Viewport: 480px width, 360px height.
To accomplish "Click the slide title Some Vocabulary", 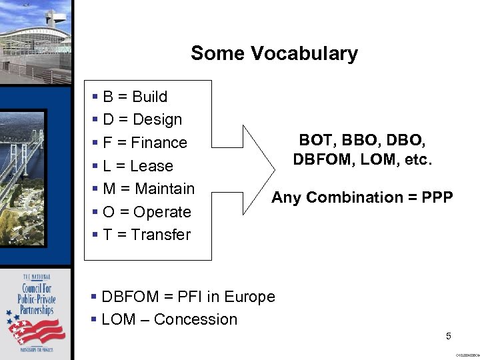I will pyautogui.click(x=274, y=53).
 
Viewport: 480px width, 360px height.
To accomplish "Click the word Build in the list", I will pyautogui.click(x=150, y=97).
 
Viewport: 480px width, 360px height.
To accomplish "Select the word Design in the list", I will pyautogui.click(x=157, y=120).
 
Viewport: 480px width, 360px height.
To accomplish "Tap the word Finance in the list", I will pyautogui.click(x=159, y=143).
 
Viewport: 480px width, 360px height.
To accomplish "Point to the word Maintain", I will pyautogui.click(x=164, y=189).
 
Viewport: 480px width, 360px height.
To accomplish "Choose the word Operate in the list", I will pyautogui.click(x=162, y=212).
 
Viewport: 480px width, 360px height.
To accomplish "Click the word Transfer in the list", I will pyautogui.click(x=161, y=235).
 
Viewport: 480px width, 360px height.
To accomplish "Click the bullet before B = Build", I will pyautogui.click(x=97, y=97).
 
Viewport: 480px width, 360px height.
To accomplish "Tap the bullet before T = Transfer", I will pyautogui.click(x=97, y=235).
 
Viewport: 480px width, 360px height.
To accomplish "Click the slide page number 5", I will pyautogui.click(x=449, y=336).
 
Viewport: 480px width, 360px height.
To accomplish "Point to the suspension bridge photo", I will pyautogui.click(x=33, y=173).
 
